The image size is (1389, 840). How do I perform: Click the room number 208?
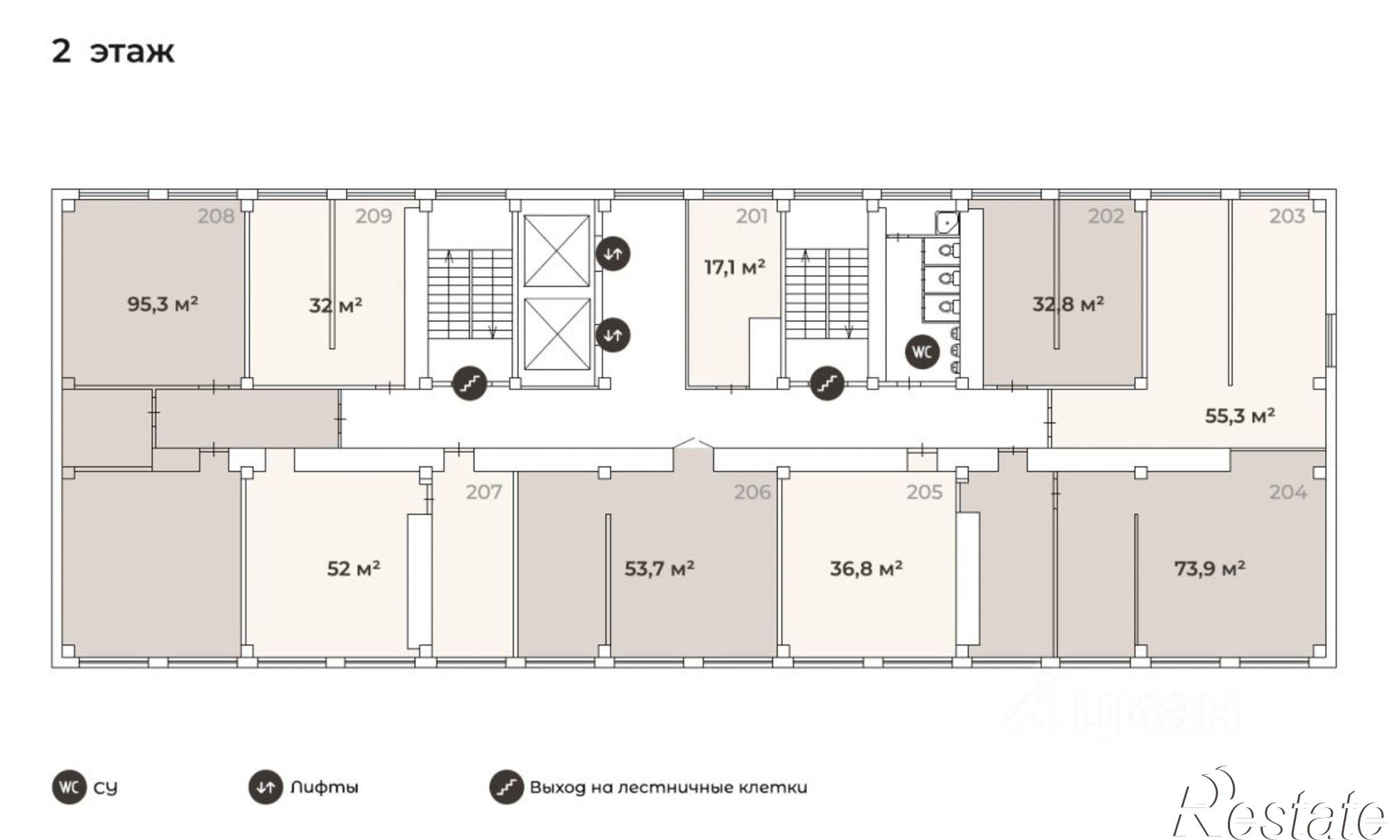point(216,217)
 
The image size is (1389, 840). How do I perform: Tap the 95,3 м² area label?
point(163,304)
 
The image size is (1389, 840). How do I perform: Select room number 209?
point(374,217)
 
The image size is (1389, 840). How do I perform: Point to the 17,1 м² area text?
point(735,267)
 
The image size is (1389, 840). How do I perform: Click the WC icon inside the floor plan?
point(922,352)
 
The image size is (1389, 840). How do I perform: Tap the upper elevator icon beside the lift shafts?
point(613,253)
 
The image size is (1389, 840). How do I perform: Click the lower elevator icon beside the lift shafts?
point(613,335)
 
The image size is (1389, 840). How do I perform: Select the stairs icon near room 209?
point(470,383)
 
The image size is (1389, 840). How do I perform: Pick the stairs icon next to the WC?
point(827,383)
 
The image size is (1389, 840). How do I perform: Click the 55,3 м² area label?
point(1240,416)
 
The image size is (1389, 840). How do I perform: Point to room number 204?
point(1288,492)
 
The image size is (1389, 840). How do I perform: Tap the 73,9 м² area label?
point(1209,569)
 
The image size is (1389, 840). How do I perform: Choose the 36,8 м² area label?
point(866,569)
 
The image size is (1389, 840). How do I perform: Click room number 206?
point(753,492)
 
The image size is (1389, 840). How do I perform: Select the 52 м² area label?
point(354,569)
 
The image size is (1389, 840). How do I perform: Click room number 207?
point(483,492)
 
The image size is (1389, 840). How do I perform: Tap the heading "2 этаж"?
point(113,51)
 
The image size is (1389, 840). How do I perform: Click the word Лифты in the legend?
point(324,788)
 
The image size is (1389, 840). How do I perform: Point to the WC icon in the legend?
point(69,788)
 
